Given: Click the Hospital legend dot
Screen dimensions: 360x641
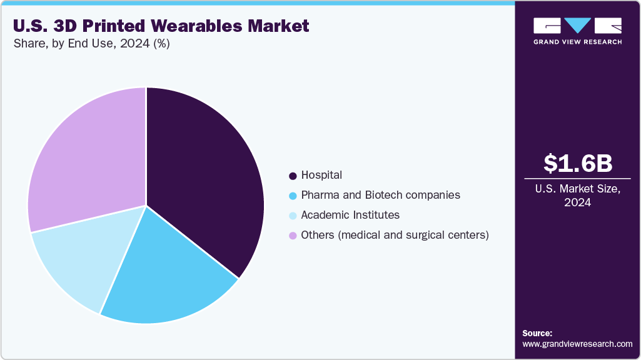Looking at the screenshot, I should click(293, 176).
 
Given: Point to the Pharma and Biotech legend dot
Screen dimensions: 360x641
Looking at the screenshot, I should click(293, 196).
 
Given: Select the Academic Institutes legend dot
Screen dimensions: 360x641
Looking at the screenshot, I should click(293, 216).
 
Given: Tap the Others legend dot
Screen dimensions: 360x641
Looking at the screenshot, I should click(293, 236).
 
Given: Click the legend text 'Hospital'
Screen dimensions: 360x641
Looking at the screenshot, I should click(321, 175).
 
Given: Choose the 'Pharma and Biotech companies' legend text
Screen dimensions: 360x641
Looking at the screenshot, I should click(380, 195).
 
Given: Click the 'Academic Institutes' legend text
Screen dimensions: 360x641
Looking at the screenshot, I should click(350, 215).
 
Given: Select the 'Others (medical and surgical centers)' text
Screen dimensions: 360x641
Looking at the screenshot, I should click(395, 235).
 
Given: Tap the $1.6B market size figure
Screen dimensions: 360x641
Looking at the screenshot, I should click(578, 163).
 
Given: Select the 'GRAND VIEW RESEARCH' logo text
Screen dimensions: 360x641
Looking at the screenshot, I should click(578, 42).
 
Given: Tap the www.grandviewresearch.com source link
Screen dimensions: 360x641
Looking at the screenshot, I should click(577, 344).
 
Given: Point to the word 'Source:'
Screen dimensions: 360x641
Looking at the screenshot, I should click(537, 334).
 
